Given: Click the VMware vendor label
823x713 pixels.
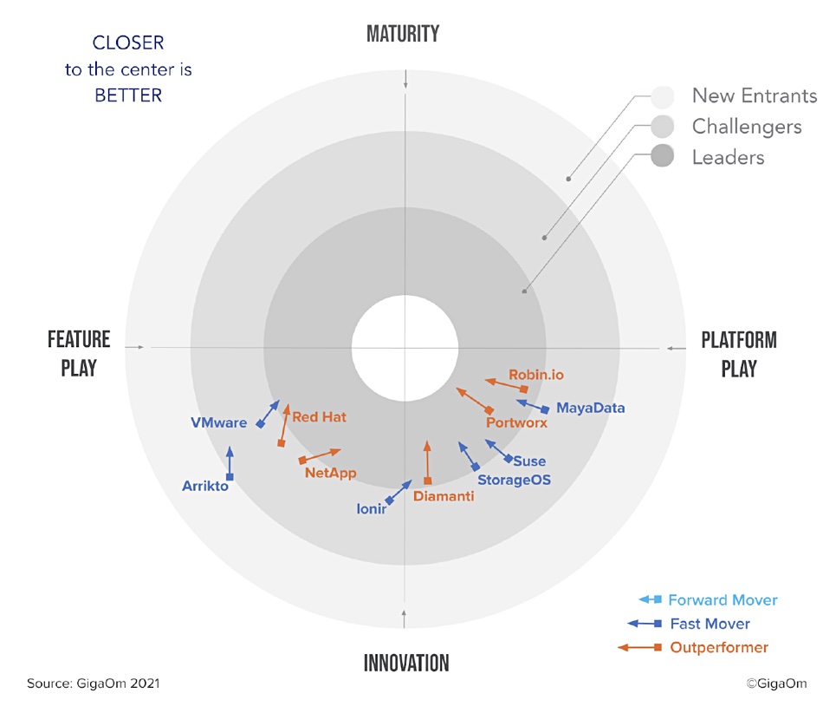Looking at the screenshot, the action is [x=218, y=422].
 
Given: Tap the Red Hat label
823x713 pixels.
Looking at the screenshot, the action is [x=319, y=417].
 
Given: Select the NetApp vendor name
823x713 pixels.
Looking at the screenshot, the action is [x=331, y=473].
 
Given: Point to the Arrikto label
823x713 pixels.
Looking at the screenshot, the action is [x=205, y=486].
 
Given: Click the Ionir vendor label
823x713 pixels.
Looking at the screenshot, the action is [x=371, y=508].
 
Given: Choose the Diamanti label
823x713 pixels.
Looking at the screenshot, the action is [x=444, y=496].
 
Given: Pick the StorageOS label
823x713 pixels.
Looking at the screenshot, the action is [x=515, y=480].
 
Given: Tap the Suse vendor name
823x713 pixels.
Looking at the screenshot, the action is [x=529, y=461].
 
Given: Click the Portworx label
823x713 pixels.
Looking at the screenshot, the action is [x=516, y=422].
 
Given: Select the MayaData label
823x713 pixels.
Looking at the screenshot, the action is [x=591, y=408].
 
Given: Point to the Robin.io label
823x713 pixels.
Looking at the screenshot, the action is [x=536, y=375].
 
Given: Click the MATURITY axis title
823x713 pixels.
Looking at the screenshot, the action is [x=403, y=34].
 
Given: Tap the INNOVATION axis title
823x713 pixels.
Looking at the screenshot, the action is [x=406, y=663].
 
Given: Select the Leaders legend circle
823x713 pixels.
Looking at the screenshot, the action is [x=663, y=156].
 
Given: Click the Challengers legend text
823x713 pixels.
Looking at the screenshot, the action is [x=747, y=127].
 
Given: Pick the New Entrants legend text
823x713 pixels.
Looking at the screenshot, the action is [x=755, y=95].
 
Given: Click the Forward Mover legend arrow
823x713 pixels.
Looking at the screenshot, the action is [x=651, y=599].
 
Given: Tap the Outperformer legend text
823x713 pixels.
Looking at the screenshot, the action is [x=719, y=647].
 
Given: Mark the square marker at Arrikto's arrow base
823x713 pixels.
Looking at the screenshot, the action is [x=230, y=477].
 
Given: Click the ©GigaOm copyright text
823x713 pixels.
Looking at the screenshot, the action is [x=776, y=684].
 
